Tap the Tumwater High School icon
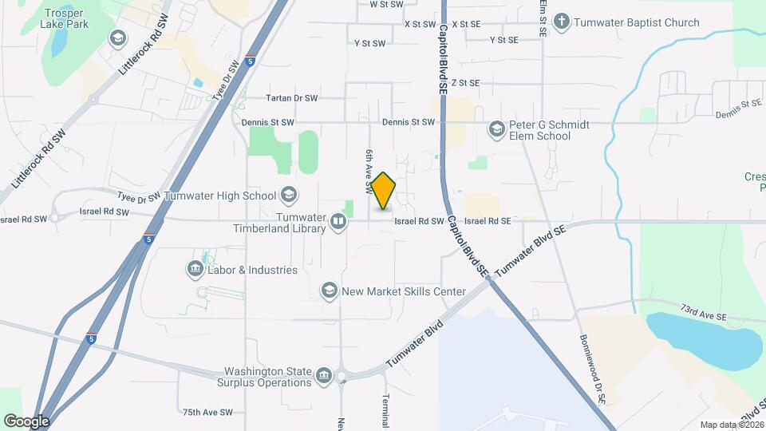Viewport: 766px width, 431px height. click(x=288, y=196)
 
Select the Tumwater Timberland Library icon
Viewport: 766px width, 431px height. click(x=338, y=223)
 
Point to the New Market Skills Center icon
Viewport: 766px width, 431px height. click(x=329, y=291)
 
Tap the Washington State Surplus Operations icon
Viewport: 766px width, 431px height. click(x=324, y=376)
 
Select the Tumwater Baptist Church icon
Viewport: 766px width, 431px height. click(x=563, y=22)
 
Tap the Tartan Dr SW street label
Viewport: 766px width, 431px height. click(x=292, y=98)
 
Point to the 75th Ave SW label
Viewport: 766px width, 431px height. click(x=207, y=413)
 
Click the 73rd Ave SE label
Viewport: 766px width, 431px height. click(x=705, y=311)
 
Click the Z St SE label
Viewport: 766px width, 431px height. click(x=465, y=82)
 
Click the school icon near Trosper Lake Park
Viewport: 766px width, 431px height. click(x=118, y=38)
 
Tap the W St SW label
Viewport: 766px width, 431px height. click(x=387, y=4)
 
